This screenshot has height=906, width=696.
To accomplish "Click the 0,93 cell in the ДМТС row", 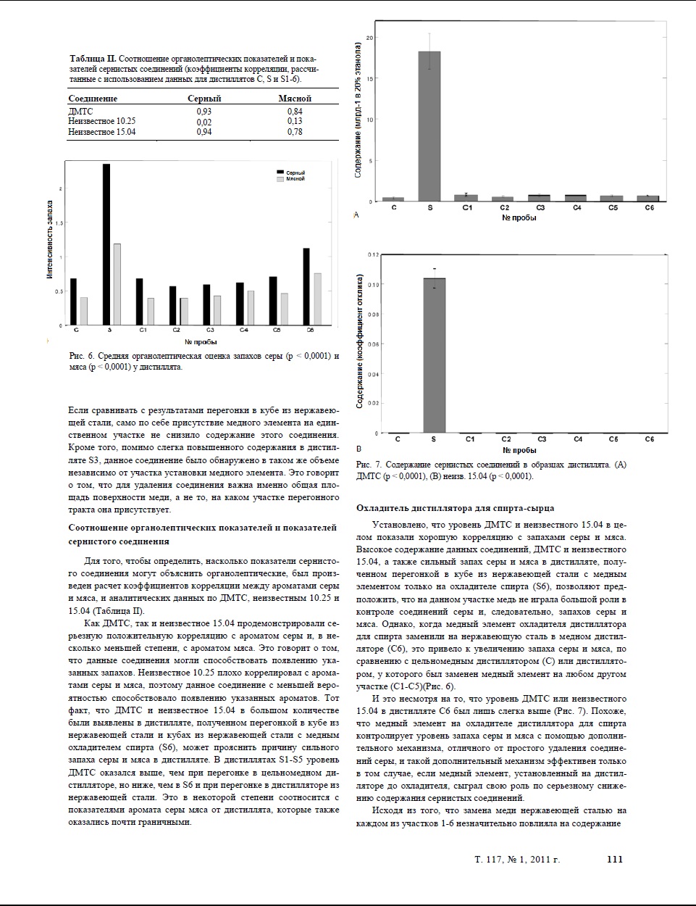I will point(204,112).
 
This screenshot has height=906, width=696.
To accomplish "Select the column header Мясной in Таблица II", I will point(294,99).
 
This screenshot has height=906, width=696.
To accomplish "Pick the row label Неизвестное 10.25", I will point(101,122).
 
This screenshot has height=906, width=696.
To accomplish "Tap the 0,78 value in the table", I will point(294,132).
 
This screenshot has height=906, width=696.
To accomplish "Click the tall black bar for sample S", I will point(106,244).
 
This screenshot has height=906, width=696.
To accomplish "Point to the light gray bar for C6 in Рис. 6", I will point(317,299).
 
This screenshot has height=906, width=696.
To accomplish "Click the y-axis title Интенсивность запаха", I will point(50,240).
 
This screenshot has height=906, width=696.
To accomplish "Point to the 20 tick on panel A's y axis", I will point(369,37).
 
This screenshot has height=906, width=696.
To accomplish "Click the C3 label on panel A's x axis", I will point(540,208).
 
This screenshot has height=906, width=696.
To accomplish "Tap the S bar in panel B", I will point(434,355).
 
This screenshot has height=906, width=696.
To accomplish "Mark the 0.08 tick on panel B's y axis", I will point(372,315).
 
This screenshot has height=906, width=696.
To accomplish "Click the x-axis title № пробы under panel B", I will point(519,450).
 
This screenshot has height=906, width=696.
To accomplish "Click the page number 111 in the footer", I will point(614,860).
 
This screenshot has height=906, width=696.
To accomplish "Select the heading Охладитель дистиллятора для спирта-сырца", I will point(455,508).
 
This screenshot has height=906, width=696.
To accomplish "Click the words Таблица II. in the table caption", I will point(93,58).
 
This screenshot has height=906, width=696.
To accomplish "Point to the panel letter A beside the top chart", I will point(356,215).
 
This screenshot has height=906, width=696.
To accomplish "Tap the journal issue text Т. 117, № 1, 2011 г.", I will point(517,860).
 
